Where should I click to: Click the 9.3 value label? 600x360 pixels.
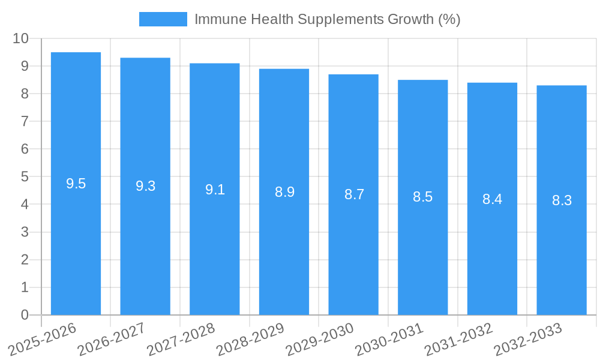point(145,186)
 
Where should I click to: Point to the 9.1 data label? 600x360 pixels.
point(215,190)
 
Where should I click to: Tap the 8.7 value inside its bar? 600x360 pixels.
point(354,194)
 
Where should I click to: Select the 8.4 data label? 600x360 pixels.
point(492,199)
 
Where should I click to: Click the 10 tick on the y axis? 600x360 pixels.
point(21,38)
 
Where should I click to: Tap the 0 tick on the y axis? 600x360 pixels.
point(25,315)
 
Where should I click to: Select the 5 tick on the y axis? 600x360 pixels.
point(25,177)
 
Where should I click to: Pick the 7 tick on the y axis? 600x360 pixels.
point(25,121)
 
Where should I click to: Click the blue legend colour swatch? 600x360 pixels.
point(163,19)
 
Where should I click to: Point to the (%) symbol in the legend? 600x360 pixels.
point(449,19)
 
